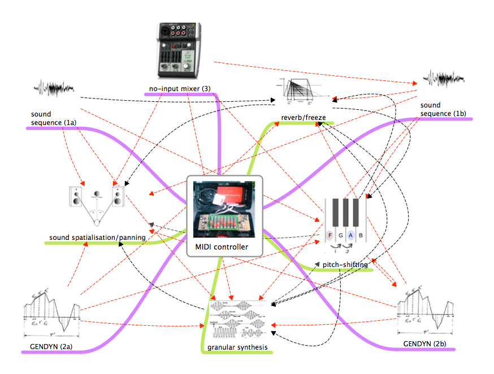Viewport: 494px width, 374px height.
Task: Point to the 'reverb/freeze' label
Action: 304,118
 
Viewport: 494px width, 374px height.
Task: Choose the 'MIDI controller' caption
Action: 222,247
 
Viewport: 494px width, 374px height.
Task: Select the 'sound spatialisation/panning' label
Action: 97,237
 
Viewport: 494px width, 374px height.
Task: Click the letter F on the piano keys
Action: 330,235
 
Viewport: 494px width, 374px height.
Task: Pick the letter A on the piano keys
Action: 350,235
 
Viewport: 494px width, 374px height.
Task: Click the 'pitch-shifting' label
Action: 345,264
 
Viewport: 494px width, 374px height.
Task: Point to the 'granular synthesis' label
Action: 237,347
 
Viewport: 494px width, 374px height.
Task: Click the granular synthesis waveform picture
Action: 237,320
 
